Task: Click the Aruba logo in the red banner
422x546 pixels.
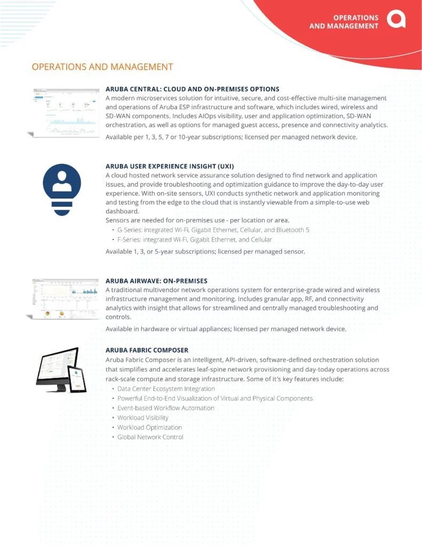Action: click(x=396, y=20)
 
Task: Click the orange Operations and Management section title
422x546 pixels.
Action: click(x=102, y=67)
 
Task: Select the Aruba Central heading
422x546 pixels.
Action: click(x=192, y=89)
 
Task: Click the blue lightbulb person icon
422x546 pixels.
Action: click(x=62, y=189)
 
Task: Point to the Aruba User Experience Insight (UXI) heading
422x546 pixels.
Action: click(x=169, y=166)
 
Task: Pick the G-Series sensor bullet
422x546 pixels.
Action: click(x=213, y=230)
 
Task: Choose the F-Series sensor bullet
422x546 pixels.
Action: click(x=194, y=239)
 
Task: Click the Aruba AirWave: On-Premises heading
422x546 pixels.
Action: click(x=156, y=280)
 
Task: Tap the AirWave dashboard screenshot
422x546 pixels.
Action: click(x=64, y=299)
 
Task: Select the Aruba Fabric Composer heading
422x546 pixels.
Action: click(x=147, y=350)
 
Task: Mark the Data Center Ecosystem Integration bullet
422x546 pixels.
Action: click(x=166, y=389)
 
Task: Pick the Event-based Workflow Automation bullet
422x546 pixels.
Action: click(x=165, y=408)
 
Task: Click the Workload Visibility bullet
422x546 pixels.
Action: click(x=142, y=417)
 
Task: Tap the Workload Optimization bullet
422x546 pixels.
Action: click(x=149, y=427)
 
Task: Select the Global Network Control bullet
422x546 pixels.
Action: click(x=150, y=437)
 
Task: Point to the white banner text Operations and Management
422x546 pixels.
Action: click(x=344, y=21)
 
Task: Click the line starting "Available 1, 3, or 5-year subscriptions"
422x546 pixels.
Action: click(x=205, y=252)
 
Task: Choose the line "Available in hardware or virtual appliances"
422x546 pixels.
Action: click(x=226, y=328)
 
